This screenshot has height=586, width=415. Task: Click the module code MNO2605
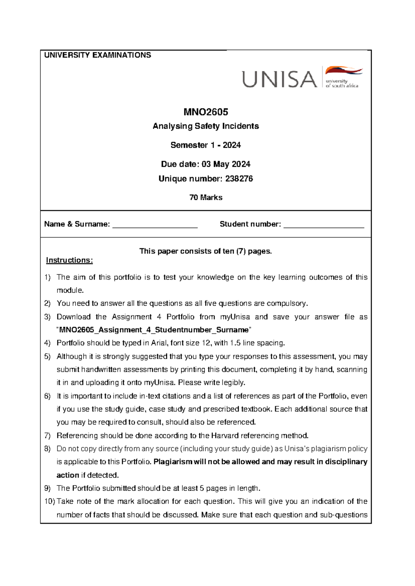tap(205, 112)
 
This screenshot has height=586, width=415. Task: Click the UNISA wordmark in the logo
tap(279, 79)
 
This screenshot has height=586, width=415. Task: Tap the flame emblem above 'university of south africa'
tap(343, 71)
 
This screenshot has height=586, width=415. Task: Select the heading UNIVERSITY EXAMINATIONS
tap(98, 55)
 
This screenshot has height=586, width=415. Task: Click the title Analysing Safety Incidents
tap(205, 126)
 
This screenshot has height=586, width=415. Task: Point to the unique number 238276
tap(239, 179)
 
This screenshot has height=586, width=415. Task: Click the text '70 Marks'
tap(205, 198)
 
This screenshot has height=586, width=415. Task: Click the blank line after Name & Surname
tap(155, 225)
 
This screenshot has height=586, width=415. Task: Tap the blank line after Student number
tap(323, 225)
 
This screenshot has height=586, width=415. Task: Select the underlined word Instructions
tap(69, 260)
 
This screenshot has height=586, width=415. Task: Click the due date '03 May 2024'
tap(226, 164)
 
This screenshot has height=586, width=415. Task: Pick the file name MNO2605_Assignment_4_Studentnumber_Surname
tap(154, 330)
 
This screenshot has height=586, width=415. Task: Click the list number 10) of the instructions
tap(49, 501)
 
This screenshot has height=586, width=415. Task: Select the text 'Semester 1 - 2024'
tap(205, 145)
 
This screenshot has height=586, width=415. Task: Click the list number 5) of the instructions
tap(48, 357)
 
